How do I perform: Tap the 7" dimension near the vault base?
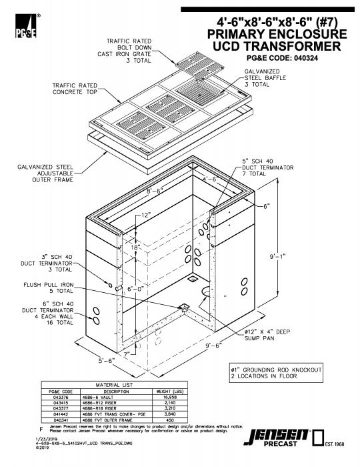point(126,352)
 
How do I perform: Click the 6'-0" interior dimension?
point(145,290)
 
